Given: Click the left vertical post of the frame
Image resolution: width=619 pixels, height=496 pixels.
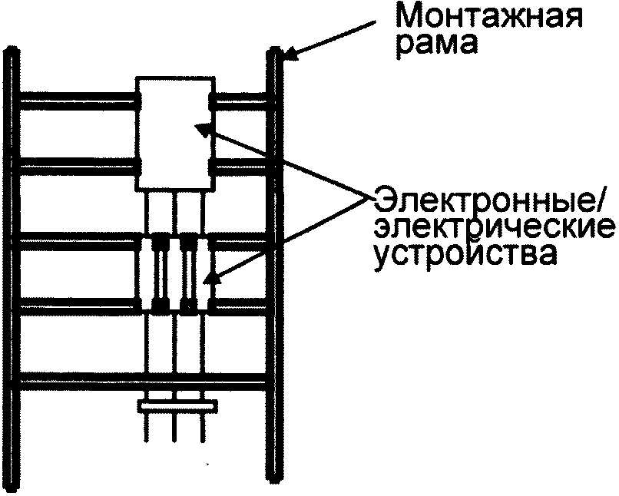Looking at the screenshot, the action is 11,261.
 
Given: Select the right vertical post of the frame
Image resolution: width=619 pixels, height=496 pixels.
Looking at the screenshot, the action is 275,261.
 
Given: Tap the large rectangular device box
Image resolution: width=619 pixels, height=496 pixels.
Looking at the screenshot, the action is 174,134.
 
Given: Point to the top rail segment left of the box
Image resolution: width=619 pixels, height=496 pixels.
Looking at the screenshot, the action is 77,98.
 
